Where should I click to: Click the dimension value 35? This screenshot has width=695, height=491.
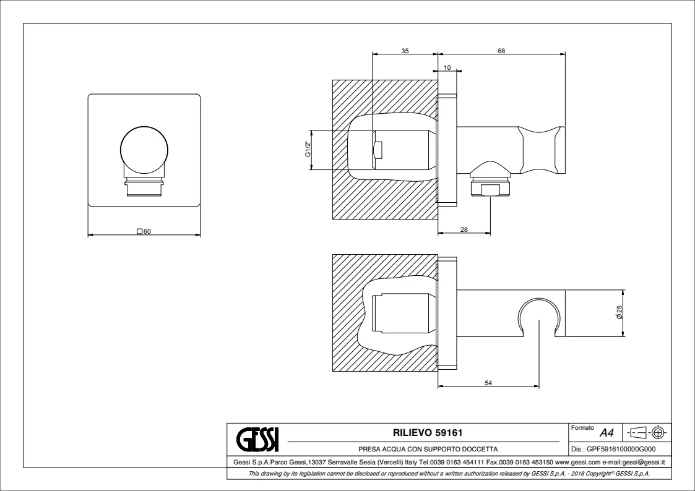pyautogui.click(x=405, y=51)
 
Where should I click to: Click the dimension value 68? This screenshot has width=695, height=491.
pyautogui.click(x=501, y=51)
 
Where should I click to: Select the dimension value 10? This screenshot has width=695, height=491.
pyautogui.click(x=447, y=68)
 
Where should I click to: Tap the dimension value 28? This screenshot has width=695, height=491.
pyautogui.click(x=464, y=229)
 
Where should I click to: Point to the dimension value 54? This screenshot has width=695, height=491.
pyautogui.click(x=488, y=383)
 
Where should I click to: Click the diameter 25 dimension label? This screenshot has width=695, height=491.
pyautogui.click(x=619, y=312)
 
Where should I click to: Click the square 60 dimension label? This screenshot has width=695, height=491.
pyautogui.click(x=144, y=231)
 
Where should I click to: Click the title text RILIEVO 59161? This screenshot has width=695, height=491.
pyautogui.click(x=428, y=432)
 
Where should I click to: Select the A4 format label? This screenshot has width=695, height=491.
pyautogui.click(x=607, y=432)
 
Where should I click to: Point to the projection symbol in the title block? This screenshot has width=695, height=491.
pyautogui.click(x=647, y=432)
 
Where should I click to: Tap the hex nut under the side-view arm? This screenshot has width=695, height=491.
pyautogui.click(x=491, y=187)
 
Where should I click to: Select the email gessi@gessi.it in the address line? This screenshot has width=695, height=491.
pyautogui.click(x=644, y=462)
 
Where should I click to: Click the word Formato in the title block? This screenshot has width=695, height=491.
pyautogui.click(x=582, y=428)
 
